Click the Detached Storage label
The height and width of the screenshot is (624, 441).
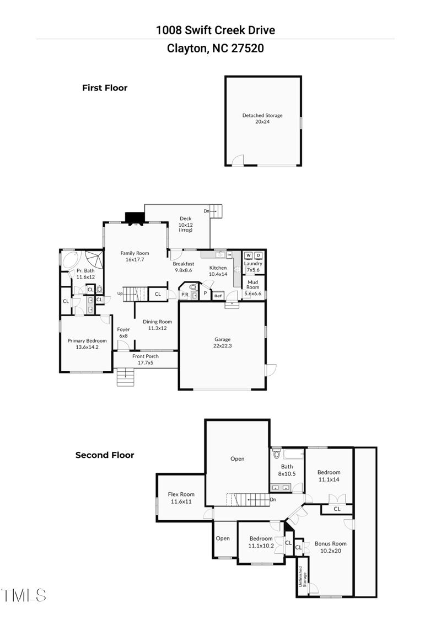262,118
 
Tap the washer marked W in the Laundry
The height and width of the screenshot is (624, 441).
248,255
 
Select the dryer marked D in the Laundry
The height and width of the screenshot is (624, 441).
258,255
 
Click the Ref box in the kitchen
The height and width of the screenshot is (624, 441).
218,296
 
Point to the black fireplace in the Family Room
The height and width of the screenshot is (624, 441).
134,218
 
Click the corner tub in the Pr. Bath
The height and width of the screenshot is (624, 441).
71,260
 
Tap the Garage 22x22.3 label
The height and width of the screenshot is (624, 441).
222,343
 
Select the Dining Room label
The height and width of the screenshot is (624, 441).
157,325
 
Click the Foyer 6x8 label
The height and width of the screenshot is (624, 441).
123,332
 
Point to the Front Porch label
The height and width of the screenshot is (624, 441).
146,359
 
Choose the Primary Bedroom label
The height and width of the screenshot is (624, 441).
87,344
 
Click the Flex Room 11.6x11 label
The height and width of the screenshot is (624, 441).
181,498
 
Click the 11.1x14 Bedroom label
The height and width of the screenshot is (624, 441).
329,476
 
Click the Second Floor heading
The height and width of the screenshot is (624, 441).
105,455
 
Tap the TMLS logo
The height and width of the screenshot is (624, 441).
24,595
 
